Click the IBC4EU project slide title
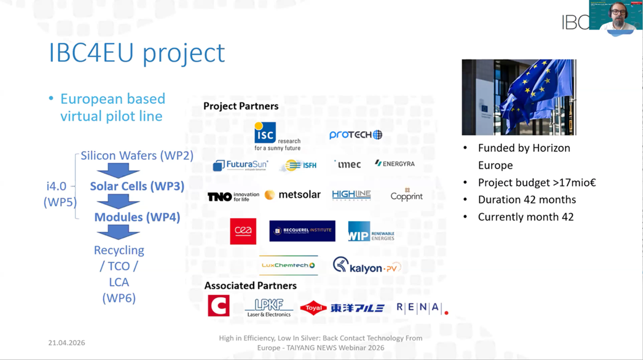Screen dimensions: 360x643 pyautogui.click(x=137, y=53)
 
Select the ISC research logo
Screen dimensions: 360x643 pyautogui.click(x=277, y=136)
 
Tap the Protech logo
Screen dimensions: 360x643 pyautogui.click(x=355, y=135)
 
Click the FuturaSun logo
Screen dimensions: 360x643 pyautogui.click(x=240, y=165)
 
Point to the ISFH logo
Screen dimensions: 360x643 pyautogui.click(x=299, y=165)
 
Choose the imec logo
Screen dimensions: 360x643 pyautogui.click(x=347, y=164)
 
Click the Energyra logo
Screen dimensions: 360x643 pyautogui.click(x=395, y=163)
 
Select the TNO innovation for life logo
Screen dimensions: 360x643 pyautogui.click(x=233, y=196)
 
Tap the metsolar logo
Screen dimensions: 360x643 pyautogui.click(x=293, y=195)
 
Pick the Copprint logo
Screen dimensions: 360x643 pyautogui.click(x=406, y=195)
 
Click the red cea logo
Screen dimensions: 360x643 pyautogui.click(x=243, y=231)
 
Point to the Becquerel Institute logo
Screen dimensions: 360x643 pyautogui.click(x=302, y=231)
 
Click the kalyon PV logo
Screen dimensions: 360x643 pyautogui.click(x=366, y=266)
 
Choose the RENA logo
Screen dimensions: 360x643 pyautogui.click(x=422, y=308)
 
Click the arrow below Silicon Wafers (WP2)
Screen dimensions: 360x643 pyautogui.click(x=118, y=171)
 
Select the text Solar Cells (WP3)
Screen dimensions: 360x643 pyautogui.click(x=137, y=186)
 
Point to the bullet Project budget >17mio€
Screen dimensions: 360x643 pyautogui.click(x=536, y=182)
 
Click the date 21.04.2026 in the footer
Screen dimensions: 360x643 pyautogui.click(x=66, y=343)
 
